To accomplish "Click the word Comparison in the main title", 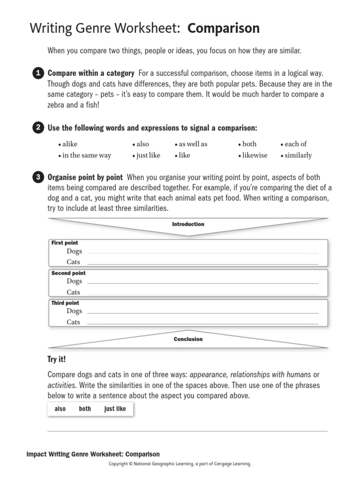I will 224,29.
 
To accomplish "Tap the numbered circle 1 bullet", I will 38,73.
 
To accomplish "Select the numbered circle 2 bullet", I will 38,128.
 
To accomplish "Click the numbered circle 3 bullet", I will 38,177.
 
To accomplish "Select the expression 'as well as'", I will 193,144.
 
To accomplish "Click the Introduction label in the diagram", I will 188,224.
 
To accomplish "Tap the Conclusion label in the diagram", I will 188,339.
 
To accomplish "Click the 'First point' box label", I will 65,243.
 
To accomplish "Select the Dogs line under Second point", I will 202,283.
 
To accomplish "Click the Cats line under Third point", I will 202,323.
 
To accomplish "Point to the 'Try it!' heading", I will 57,359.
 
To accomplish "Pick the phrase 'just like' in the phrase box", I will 115,409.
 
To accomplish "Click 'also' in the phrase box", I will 60,409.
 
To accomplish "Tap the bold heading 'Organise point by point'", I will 85,177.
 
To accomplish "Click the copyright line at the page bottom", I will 180,464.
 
